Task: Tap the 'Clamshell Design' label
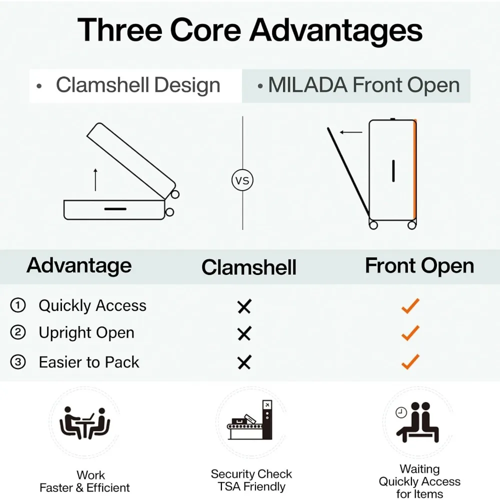(x=137, y=85)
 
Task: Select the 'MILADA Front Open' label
(x=363, y=85)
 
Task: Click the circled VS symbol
(x=242, y=180)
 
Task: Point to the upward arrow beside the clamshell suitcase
(x=95, y=180)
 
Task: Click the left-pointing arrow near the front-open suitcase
(x=351, y=132)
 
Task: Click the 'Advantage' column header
(x=79, y=265)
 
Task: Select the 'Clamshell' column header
(x=249, y=267)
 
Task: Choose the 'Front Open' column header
(x=419, y=265)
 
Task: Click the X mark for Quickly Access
(x=244, y=306)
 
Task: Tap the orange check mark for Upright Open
(x=410, y=332)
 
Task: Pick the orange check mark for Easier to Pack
(x=410, y=361)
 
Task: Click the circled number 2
(x=18, y=333)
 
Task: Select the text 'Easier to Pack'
(x=89, y=362)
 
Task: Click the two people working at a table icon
(x=84, y=423)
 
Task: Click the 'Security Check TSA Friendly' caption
(x=251, y=480)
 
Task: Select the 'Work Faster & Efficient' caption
(x=84, y=481)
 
